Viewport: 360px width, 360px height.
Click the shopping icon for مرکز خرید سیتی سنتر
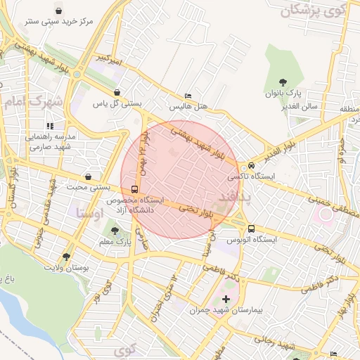coord(57,11)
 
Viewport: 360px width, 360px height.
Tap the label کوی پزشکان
coord(314,11)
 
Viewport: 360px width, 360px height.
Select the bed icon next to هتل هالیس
coord(186,96)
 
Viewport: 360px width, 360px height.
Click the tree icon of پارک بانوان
coord(283,82)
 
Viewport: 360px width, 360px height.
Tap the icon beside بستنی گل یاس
coord(117,92)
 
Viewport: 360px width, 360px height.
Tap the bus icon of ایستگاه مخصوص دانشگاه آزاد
coord(134,189)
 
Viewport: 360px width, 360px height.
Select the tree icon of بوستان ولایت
coord(66,257)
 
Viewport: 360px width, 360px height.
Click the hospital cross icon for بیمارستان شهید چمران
coord(226,300)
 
